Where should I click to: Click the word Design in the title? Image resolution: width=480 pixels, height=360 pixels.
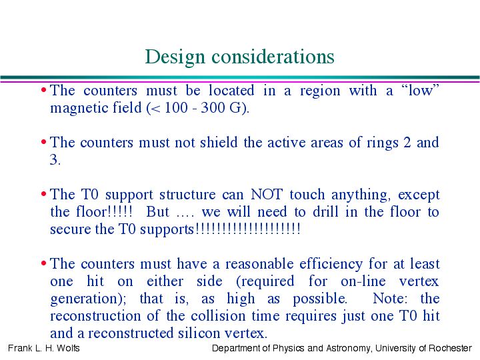175,57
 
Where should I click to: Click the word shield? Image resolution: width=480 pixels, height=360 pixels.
219,143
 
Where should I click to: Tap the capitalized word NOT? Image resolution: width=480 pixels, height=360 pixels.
266,195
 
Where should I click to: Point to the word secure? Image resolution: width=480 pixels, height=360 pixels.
71,229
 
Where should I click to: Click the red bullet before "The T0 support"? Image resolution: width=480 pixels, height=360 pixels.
44,194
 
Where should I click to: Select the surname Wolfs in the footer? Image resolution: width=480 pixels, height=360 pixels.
68,348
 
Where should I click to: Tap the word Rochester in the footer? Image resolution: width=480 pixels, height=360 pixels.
450,348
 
